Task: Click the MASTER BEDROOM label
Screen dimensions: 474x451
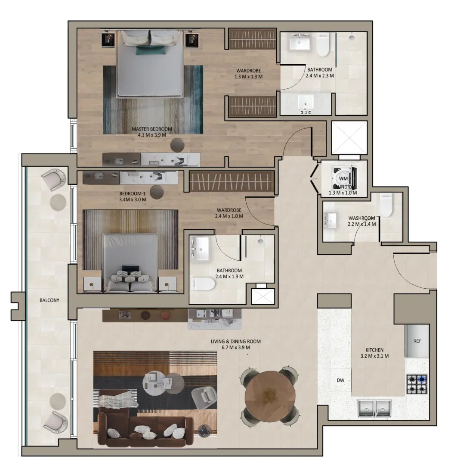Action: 152,129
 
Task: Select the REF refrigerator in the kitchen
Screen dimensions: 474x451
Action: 417,341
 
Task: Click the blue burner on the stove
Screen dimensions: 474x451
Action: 422,380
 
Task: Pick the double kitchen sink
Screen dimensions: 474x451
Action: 374,408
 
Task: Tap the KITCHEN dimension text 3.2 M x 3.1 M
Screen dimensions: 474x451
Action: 374,356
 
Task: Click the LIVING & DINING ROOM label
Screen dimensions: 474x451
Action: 235,341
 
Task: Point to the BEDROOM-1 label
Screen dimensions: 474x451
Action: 132,193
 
